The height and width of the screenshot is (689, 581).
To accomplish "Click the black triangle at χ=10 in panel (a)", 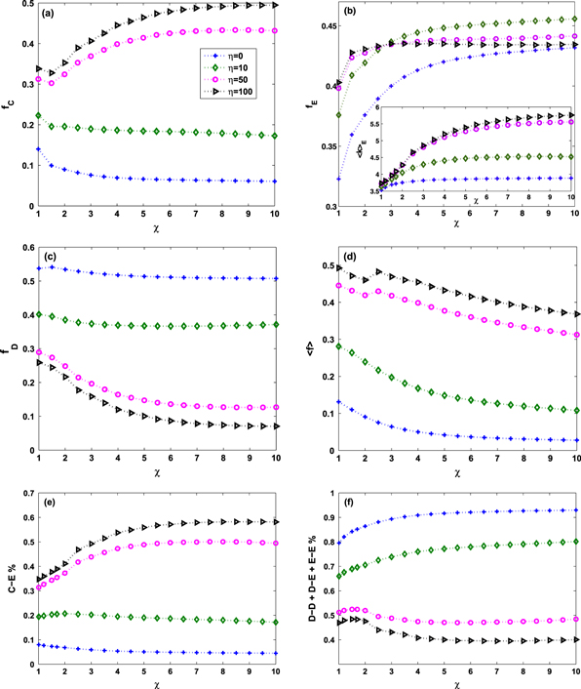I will (x=277, y=6).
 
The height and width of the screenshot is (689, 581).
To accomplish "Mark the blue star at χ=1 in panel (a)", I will (x=37, y=149).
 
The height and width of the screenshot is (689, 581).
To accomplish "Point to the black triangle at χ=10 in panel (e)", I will (x=277, y=522).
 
